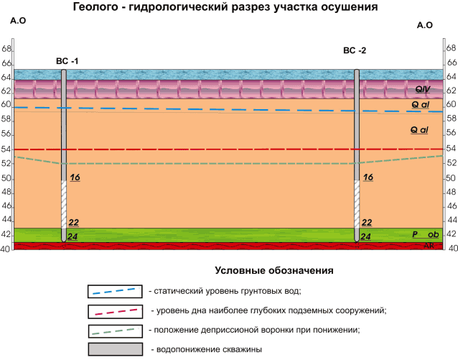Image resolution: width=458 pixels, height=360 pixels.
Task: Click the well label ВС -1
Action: (67, 61)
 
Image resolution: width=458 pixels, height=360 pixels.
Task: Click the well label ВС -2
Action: (355, 50)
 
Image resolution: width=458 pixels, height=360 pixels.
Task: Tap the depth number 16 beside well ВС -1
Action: (75, 177)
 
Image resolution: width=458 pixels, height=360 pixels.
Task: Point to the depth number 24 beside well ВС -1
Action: (73, 236)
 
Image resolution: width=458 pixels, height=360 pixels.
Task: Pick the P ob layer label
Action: (424, 235)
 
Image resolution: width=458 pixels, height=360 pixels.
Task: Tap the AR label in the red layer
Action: (429, 246)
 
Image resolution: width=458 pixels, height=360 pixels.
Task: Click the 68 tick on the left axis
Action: (6, 49)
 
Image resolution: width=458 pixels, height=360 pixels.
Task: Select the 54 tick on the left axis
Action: (6, 149)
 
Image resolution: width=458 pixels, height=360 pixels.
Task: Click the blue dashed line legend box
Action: (115, 291)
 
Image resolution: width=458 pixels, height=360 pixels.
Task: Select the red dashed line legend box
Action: (115, 311)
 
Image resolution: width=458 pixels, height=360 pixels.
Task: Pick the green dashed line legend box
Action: (115, 331)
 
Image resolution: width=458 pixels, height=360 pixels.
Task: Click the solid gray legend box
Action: (115, 350)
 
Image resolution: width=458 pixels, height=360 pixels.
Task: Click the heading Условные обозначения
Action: (274, 271)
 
